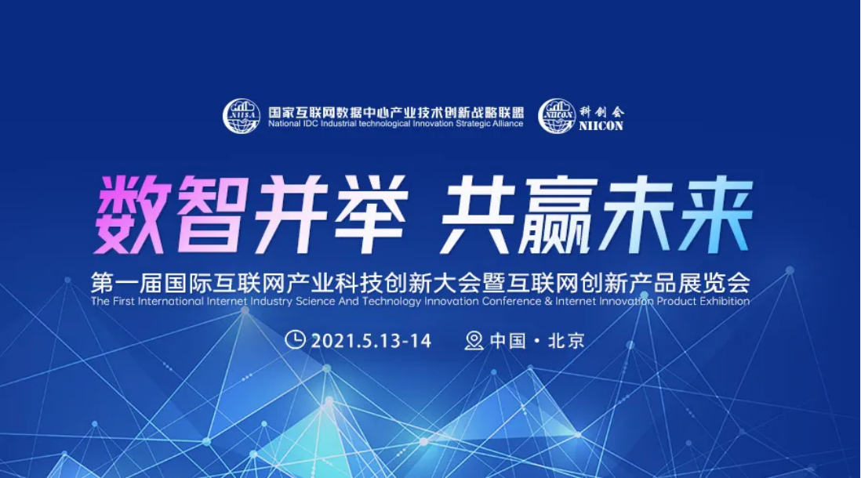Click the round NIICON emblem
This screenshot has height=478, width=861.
557,116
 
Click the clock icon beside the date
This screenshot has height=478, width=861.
295,340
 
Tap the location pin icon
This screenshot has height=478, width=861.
474,340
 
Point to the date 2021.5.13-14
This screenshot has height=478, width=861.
371,341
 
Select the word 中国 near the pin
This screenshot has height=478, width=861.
507,341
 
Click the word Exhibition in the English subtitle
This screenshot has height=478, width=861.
719,301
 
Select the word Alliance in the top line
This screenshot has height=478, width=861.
505,124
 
